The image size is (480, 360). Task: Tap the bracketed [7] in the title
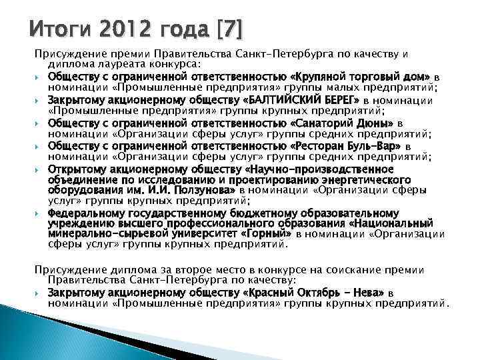(227, 29)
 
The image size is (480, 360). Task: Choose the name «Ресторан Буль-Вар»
(347, 146)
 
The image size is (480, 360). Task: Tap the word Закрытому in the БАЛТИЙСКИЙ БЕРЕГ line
(75, 100)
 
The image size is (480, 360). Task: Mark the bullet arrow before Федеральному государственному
(41, 213)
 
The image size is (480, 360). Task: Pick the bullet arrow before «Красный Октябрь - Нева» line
(41, 293)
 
